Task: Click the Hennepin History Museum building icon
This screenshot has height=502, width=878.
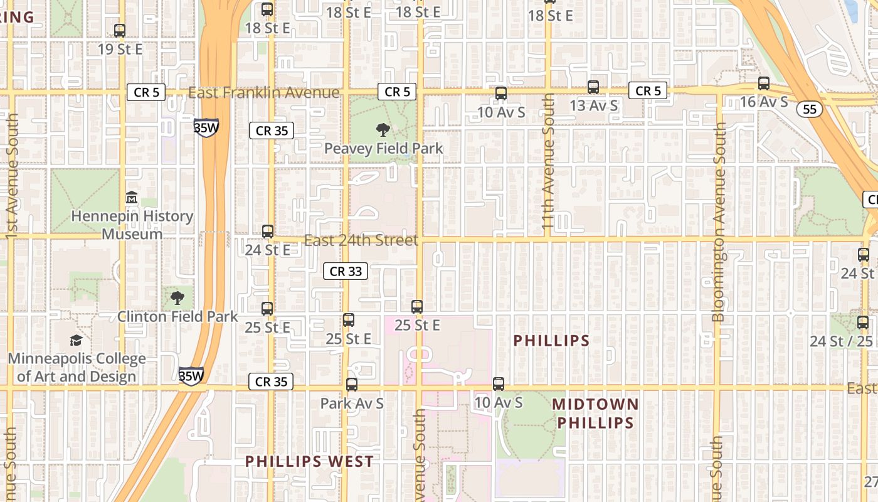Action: pos(132,198)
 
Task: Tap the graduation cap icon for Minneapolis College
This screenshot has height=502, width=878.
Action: pos(76,340)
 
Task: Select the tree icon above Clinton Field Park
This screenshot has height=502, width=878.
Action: pos(177,297)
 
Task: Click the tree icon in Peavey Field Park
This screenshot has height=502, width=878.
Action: pos(383,130)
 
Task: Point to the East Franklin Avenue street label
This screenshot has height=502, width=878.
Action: pos(263,93)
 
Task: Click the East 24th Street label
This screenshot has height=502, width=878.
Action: pos(361,240)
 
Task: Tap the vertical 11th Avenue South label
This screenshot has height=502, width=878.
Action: pos(548,161)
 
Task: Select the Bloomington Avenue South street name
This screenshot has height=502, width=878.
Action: pos(719,222)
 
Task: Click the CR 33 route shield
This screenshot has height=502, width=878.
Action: pos(346,271)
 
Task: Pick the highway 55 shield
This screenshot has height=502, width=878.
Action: pos(810,109)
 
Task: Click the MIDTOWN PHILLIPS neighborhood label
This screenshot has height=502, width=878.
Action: pos(595,414)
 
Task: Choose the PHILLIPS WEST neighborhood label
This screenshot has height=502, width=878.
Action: pos(309,462)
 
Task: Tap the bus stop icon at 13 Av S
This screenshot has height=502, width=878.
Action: pos(593,87)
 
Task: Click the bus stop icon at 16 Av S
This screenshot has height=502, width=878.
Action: pos(764,83)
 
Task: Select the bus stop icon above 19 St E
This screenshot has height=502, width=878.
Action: pos(120,30)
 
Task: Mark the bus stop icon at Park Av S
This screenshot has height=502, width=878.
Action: pos(352,385)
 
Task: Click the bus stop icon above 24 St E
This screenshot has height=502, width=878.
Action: pos(268,232)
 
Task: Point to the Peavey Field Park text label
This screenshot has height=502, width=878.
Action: pos(383,149)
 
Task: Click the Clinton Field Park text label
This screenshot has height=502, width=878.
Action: pos(177,316)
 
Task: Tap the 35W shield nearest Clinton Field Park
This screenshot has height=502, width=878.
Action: pos(191,376)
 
